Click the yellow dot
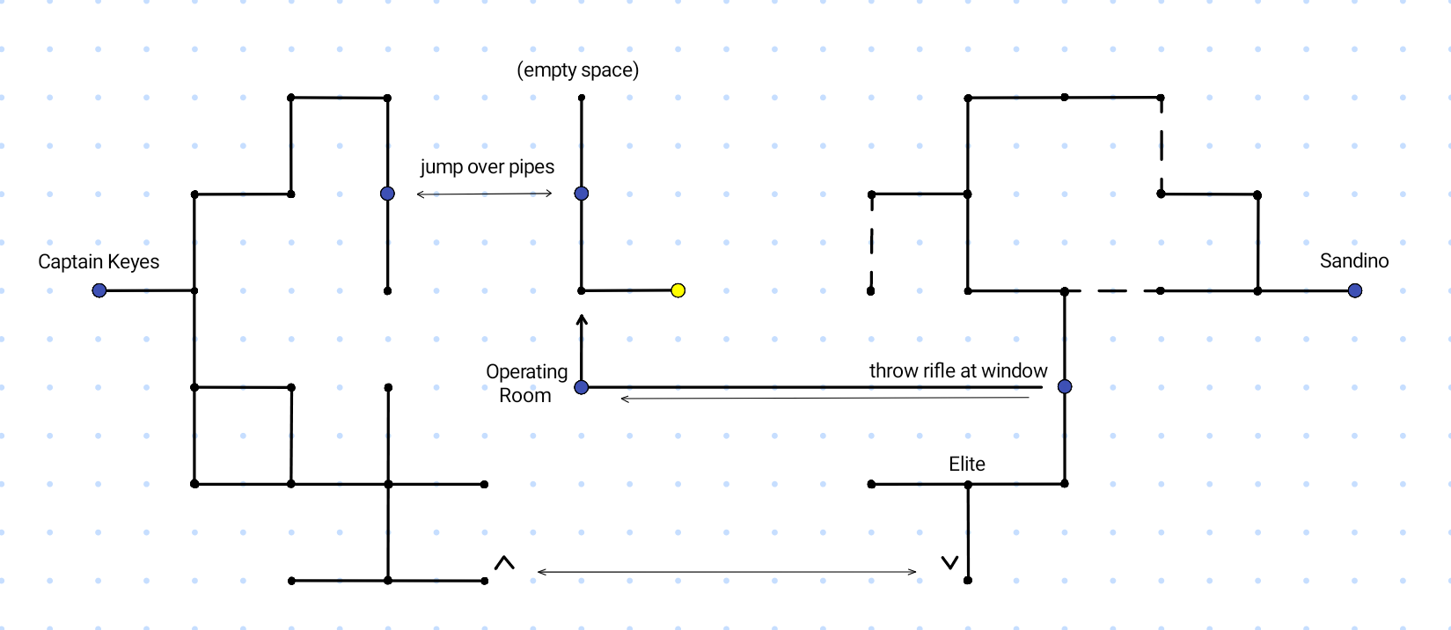click(678, 290)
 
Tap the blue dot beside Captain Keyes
click(99, 290)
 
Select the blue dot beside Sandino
click(1355, 290)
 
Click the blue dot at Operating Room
click(582, 387)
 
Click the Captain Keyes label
click(99, 261)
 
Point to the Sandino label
click(1354, 260)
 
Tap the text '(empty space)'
click(577, 70)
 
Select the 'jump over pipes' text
click(487, 167)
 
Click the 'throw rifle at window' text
click(958, 370)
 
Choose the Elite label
click(966, 464)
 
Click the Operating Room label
click(526, 383)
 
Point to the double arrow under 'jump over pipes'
click(485, 194)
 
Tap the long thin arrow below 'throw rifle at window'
click(824, 399)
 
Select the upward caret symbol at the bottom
click(504, 563)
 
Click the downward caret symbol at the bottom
click(949, 562)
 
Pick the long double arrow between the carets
click(727, 572)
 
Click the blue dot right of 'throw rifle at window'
click(1065, 386)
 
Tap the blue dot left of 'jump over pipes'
click(388, 194)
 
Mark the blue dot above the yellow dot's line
click(582, 194)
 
